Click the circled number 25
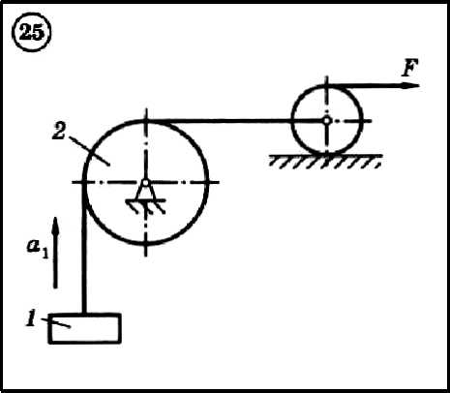point(31,33)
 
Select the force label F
point(409,68)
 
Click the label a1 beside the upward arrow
point(37,248)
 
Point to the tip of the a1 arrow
point(55,218)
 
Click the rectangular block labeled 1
point(85,328)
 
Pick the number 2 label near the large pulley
point(59,131)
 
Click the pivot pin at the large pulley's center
point(145,183)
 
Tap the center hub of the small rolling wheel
point(326,121)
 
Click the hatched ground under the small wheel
point(325,161)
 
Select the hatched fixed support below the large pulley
point(146,206)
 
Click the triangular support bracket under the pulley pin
point(145,193)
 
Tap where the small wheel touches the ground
point(327,154)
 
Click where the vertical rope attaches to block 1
point(84,314)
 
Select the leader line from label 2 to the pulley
point(90,151)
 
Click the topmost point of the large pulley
point(146,121)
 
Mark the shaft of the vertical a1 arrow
point(55,255)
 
